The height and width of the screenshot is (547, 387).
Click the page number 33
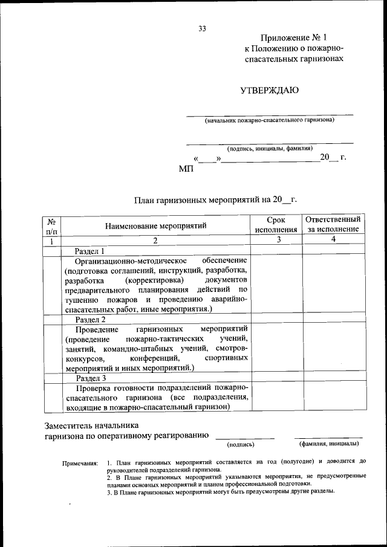[203, 28]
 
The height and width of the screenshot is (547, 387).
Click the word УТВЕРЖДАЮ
[269, 91]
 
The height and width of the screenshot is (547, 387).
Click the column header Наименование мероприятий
[155, 225]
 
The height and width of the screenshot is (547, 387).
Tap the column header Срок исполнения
[276, 225]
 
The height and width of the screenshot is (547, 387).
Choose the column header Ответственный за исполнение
[333, 224]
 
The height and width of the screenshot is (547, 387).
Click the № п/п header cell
[52, 225]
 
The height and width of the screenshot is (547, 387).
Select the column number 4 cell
[333, 240]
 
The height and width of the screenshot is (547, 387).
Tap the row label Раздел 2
[90, 319]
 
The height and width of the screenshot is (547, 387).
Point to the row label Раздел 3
[90, 378]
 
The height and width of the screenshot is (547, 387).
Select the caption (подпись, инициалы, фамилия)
[270, 148]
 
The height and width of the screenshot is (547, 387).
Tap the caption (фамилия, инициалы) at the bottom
[330, 444]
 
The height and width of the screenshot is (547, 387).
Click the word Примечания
[80, 462]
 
